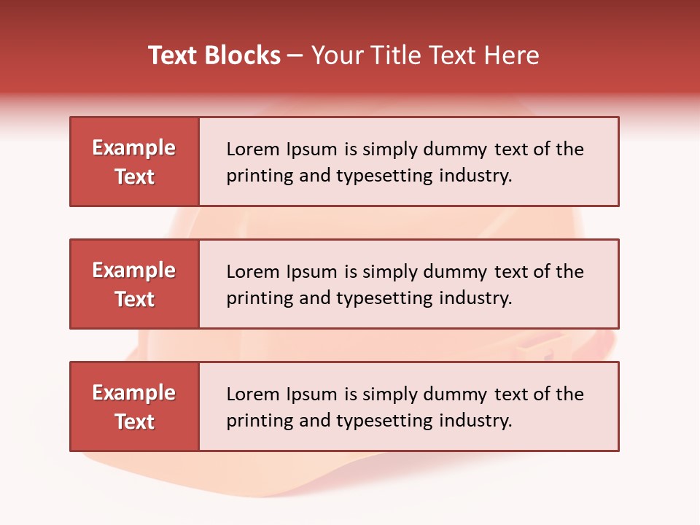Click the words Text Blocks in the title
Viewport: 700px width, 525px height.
214,55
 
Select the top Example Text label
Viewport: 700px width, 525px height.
134,162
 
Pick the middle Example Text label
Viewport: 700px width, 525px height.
134,284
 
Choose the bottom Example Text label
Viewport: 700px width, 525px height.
134,407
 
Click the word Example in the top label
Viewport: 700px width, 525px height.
134,148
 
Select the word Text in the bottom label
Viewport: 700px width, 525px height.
134,421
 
